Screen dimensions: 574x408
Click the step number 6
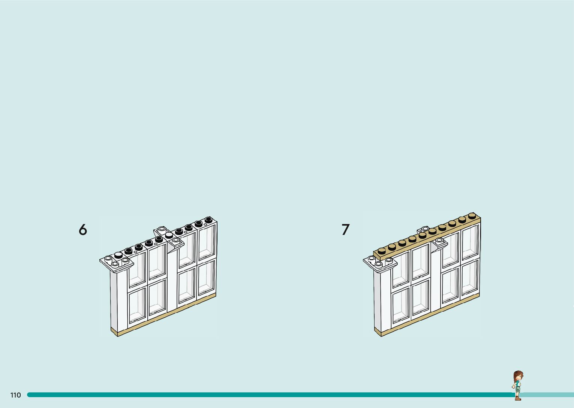coord(82,229)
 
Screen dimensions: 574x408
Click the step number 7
coord(345,229)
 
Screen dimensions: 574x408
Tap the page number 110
coord(16,395)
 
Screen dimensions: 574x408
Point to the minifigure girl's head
coord(518,376)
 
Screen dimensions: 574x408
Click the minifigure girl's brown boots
coord(518,398)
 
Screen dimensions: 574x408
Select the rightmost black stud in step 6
coord(208,220)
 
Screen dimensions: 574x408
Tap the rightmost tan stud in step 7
coord(472,216)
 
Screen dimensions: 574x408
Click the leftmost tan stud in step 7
coord(382,252)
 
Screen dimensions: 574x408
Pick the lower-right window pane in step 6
coord(206,278)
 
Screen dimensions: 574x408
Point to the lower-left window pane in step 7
coord(400,305)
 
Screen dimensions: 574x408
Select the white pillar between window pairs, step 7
coord(435,281)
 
